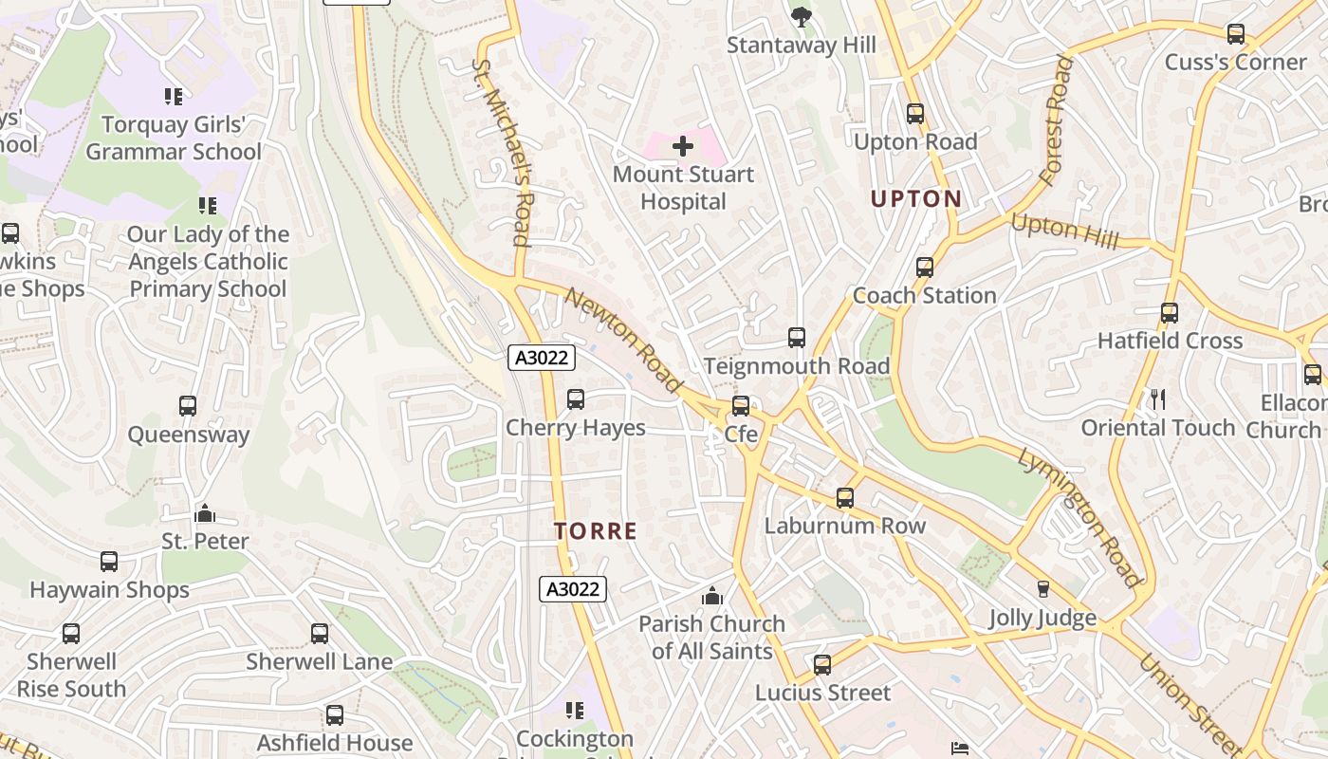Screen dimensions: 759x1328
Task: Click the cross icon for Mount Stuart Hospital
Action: (682, 146)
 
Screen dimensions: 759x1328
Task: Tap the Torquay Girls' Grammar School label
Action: (173, 139)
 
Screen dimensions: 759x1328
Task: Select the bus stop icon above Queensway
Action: (188, 406)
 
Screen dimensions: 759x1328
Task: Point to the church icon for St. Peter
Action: (205, 514)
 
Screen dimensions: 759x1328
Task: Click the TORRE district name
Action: (596, 531)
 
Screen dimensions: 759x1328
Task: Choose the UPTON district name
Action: (916, 199)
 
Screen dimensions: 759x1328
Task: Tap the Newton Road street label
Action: (623, 341)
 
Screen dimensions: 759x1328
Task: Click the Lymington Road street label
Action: (1079, 517)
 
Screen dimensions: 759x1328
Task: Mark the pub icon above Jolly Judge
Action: (1042, 589)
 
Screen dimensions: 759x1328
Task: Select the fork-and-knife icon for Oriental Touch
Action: (1157, 398)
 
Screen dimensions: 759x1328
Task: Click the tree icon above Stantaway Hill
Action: (801, 16)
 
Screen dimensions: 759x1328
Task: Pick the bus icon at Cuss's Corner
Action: (1235, 34)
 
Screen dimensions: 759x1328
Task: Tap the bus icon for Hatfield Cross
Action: (1169, 312)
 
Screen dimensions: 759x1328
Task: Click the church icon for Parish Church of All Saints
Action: (711, 596)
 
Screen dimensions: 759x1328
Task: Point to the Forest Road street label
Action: (1055, 120)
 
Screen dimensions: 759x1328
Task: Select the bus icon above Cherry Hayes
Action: (575, 399)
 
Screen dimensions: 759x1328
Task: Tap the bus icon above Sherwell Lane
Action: (320, 633)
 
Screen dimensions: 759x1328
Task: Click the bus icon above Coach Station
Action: (924, 268)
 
